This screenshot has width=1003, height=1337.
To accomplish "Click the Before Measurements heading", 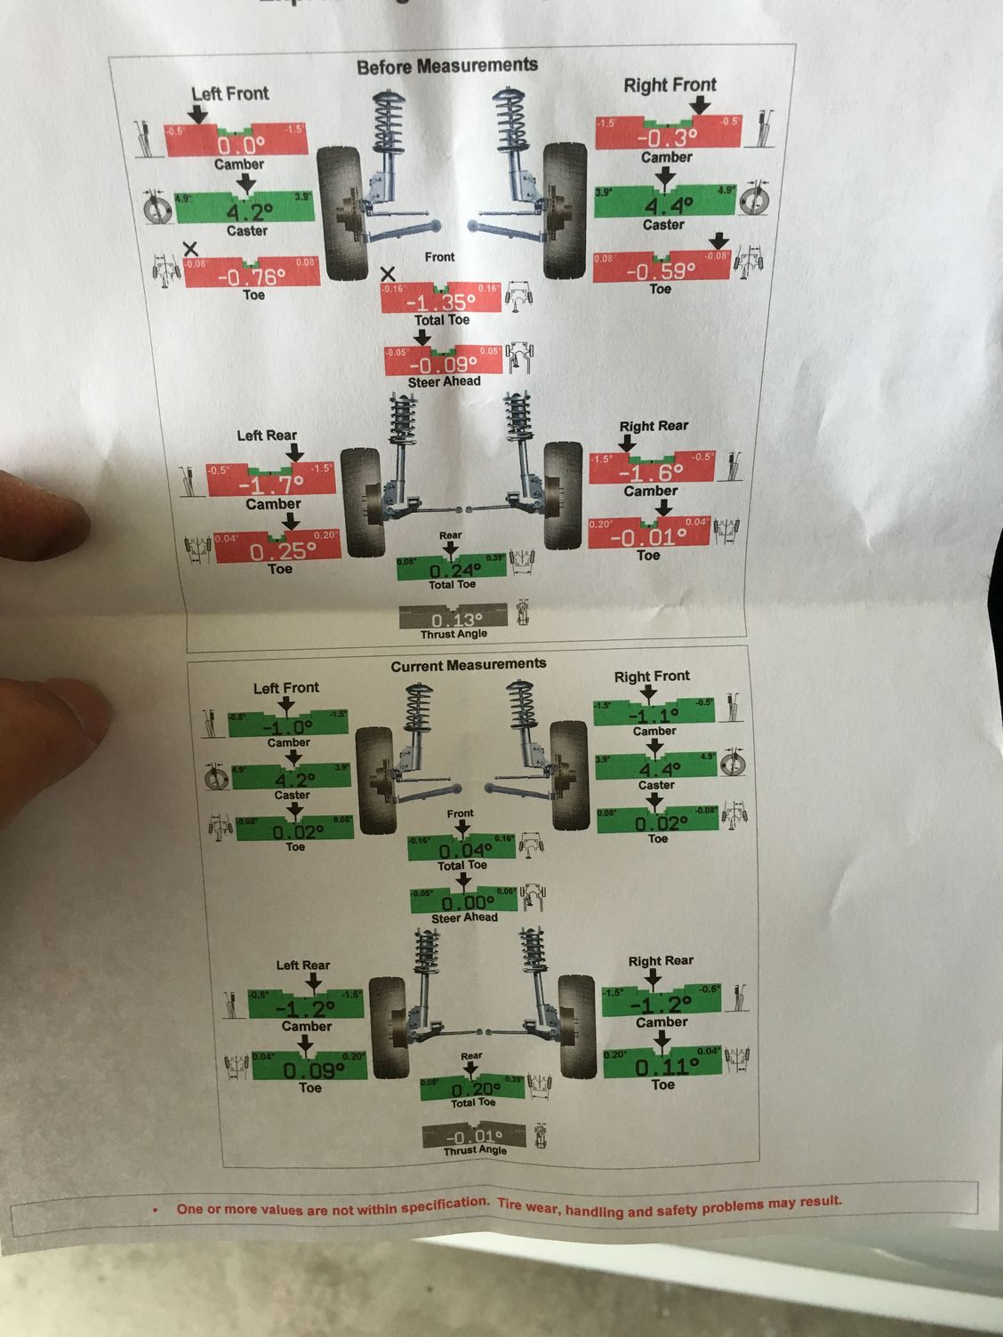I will (x=446, y=66).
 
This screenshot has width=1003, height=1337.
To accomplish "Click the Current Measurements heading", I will (x=468, y=665).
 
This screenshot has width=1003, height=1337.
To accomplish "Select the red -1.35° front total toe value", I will (x=440, y=300).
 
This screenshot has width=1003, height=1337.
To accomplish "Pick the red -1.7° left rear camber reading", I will (x=270, y=483).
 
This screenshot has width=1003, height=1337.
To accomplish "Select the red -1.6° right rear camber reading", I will (x=652, y=470).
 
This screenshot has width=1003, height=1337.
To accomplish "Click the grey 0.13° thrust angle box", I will (x=453, y=618).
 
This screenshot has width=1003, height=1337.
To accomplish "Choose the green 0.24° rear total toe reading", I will (x=452, y=569).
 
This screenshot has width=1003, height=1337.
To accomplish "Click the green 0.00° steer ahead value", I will (x=463, y=901).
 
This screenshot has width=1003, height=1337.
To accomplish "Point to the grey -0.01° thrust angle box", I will (x=474, y=1137).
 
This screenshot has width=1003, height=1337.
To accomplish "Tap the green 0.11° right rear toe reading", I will (x=662, y=1066).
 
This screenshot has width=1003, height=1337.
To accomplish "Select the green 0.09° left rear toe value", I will (x=309, y=1069).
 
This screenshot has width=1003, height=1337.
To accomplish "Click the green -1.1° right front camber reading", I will (x=654, y=714).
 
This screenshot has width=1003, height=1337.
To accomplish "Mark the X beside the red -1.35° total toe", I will (x=388, y=275).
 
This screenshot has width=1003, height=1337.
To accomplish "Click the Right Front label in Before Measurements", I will (x=670, y=85).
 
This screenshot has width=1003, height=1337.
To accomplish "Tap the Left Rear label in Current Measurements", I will (x=302, y=965).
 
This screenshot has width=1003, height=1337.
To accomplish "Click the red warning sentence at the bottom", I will (x=509, y=1207).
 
